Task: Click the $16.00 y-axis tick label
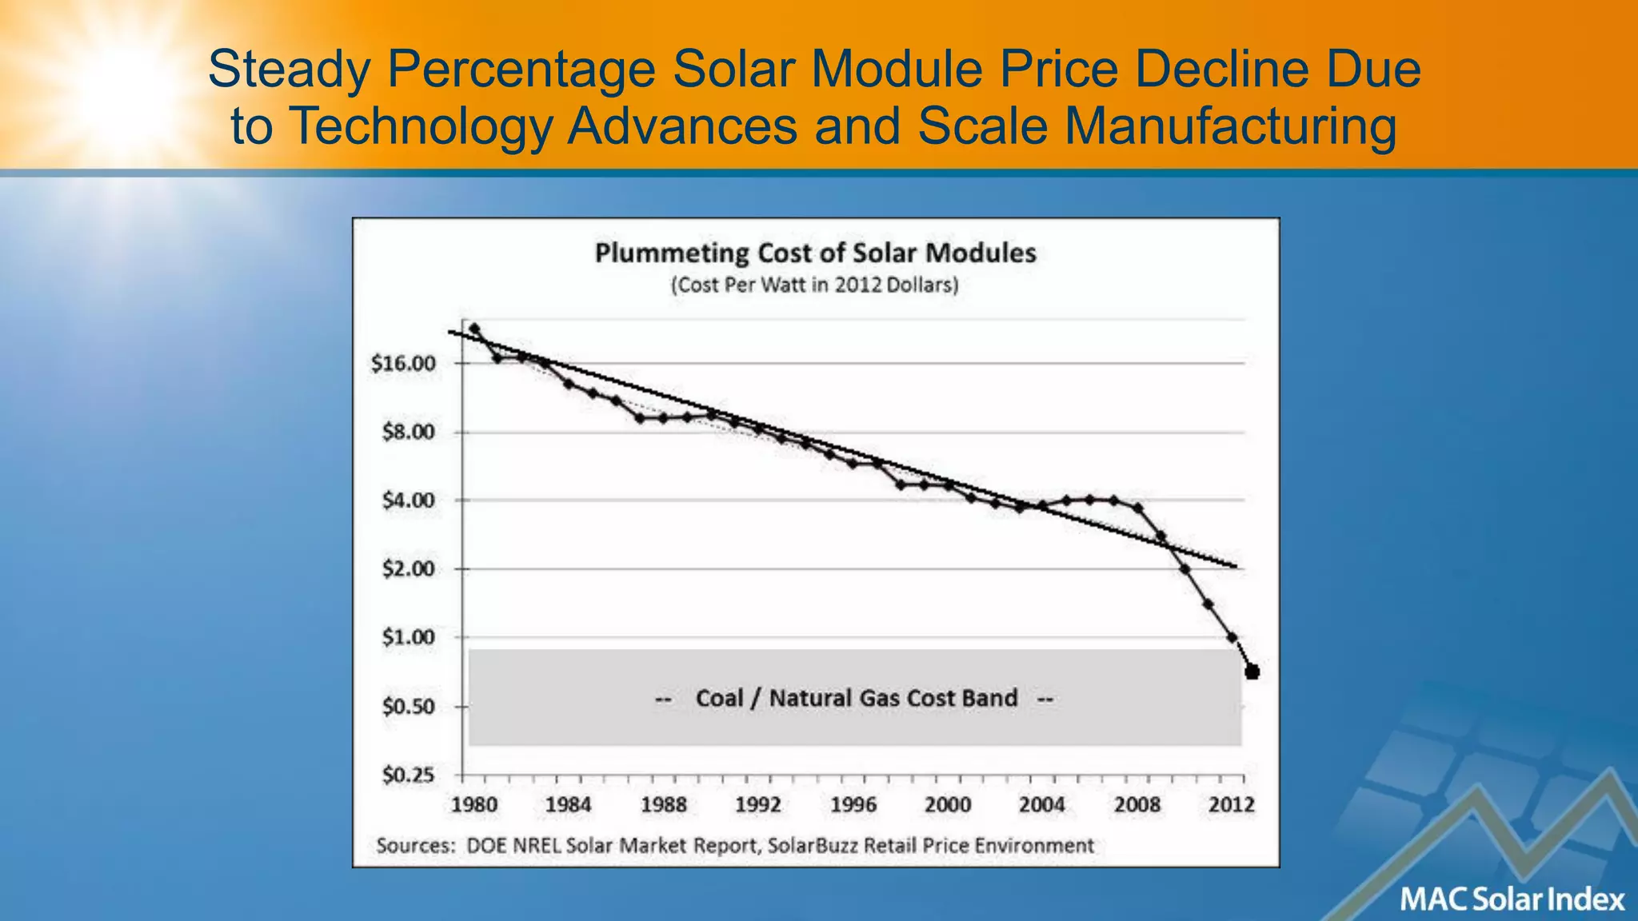(x=403, y=364)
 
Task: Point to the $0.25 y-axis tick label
(x=408, y=775)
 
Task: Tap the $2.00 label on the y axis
(x=408, y=569)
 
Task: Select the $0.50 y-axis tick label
(x=408, y=707)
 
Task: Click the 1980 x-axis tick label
(x=474, y=805)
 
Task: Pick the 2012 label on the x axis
(x=1232, y=805)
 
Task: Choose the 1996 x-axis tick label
(x=853, y=805)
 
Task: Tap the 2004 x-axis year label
(x=1042, y=805)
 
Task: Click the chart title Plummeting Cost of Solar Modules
(x=815, y=253)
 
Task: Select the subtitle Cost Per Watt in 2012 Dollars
(x=814, y=285)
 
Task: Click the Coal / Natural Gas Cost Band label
(x=856, y=699)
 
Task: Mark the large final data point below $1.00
(x=1252, y=672)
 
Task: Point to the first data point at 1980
(x=474, y=329)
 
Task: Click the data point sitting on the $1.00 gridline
(x=1232, y=637)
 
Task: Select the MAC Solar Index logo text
(x=1512, y=899)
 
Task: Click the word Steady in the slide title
(x=289, y=70)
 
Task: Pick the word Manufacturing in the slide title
(x=1230, y=127)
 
